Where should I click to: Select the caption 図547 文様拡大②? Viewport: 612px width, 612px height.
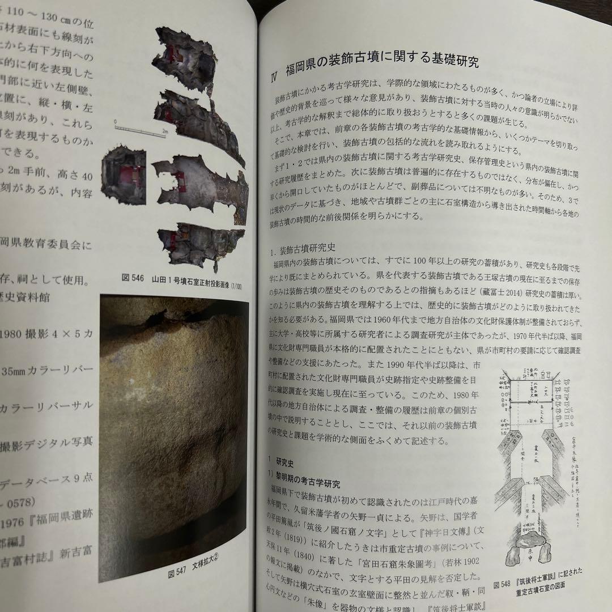click(x=193, y=573)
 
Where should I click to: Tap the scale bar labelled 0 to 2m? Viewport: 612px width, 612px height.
click(x=139, y=126)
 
